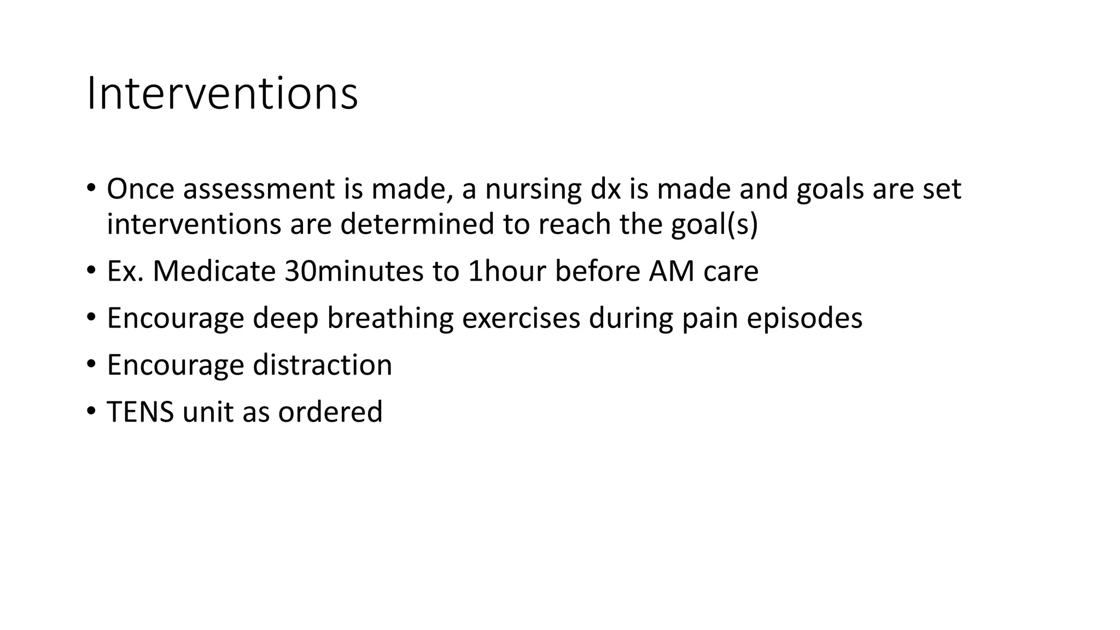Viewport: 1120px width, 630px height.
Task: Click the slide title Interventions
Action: tap(222, 94)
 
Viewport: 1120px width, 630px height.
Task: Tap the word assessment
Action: tap(259, 189)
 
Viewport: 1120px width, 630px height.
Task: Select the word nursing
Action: tap(533, 190)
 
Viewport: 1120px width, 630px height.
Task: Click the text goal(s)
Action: tap(714, 225)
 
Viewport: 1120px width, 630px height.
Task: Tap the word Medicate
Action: tap(214, 271)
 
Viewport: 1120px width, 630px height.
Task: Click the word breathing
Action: tap(390, 319)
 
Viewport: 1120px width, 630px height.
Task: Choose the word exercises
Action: tap(521, 318)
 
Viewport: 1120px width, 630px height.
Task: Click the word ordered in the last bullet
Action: tap(330, 412)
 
